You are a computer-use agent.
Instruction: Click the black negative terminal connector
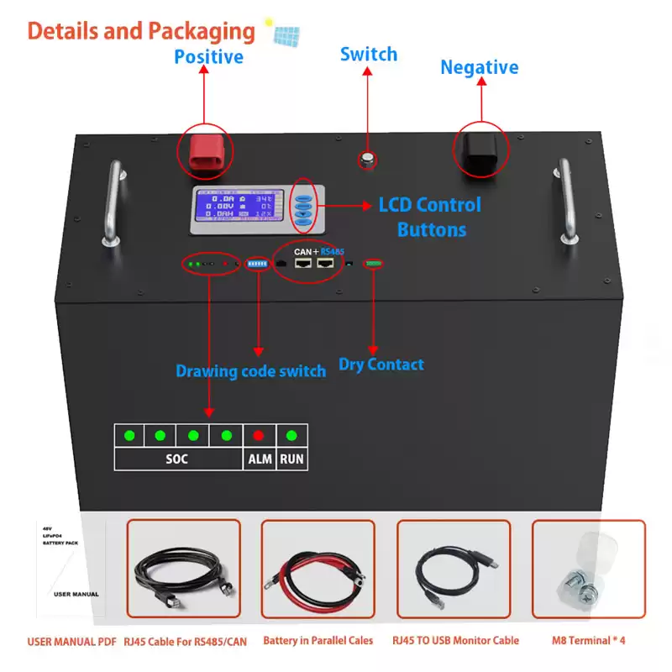[x=480, y=150]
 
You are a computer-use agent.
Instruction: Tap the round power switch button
[x=367, y=159]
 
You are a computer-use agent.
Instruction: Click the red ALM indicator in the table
[x=259, y=435]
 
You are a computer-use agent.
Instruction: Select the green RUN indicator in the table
[x=291, y=435]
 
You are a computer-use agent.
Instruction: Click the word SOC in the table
[x=177, y=459]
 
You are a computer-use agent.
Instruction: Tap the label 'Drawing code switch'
[x=250, y=370]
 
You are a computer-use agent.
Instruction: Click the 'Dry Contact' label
[x=381, y=364]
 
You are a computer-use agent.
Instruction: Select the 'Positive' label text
[x=208, y=57]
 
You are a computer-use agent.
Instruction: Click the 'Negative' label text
[x=480, y=67]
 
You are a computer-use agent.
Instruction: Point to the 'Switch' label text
[x=368, y=55]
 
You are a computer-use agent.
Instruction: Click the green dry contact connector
[x=373, y=264]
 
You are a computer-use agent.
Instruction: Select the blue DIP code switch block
[x=258, y=263]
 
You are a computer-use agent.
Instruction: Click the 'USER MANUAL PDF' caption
[x=71, y=641]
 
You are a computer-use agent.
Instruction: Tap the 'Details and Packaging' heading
[x=141, y=31]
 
